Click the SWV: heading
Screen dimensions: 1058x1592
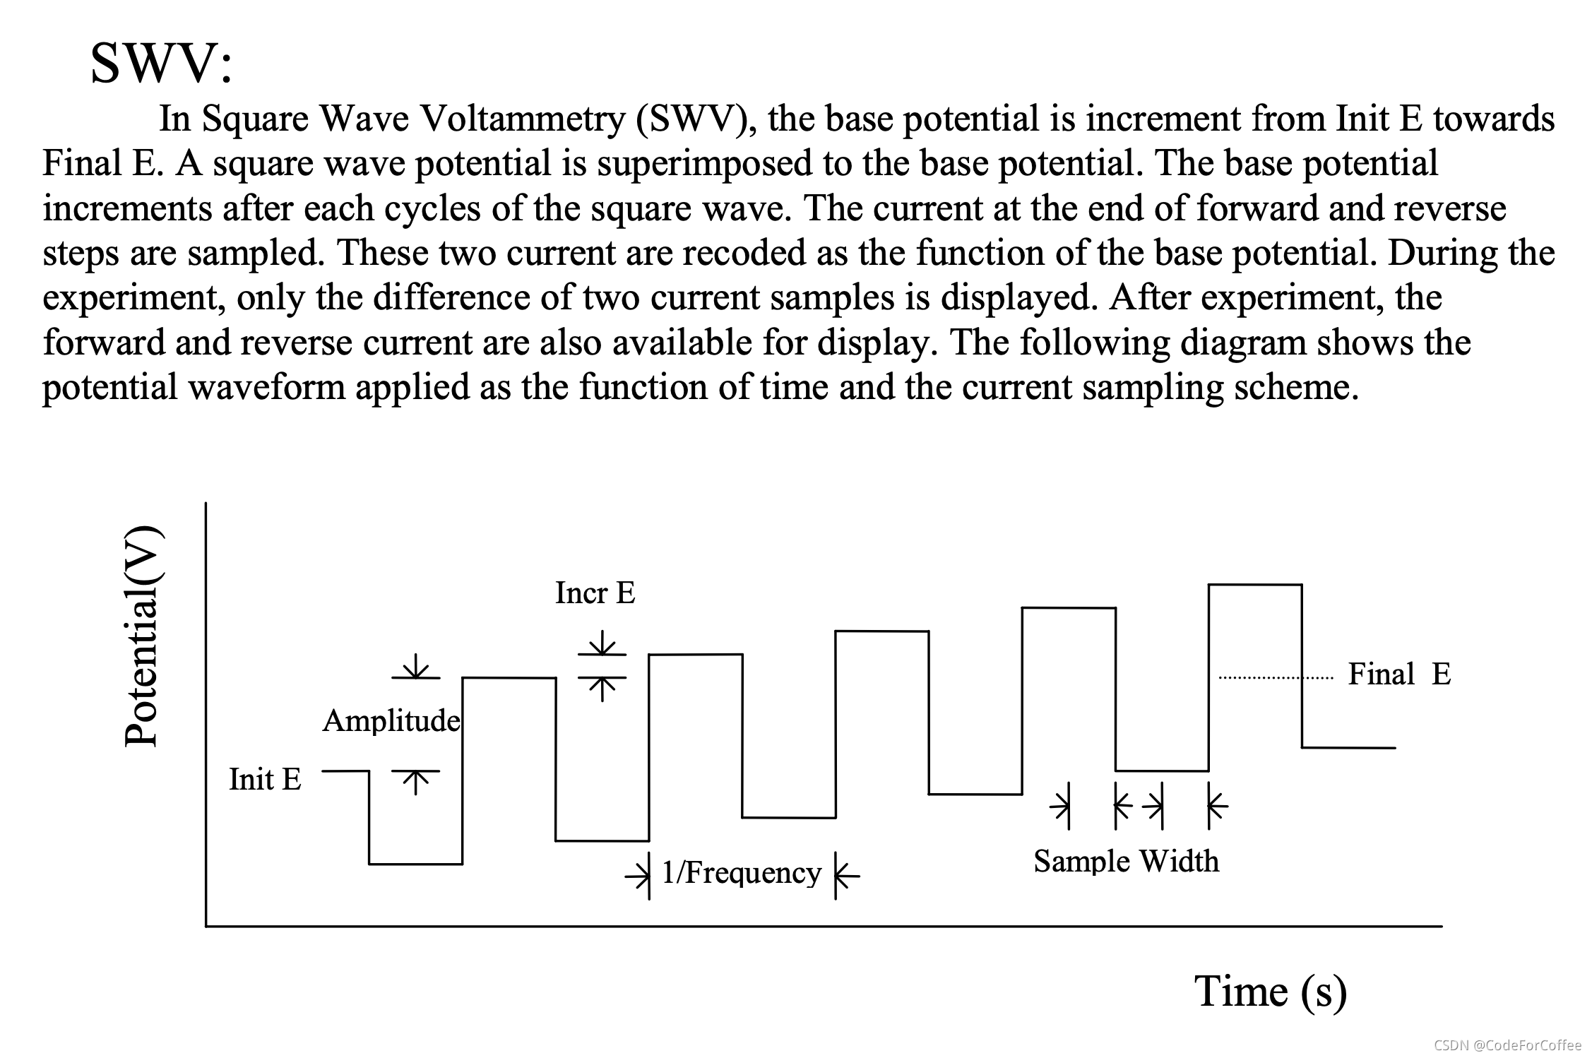tap(161, 64)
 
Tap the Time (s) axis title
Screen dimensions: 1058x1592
tap(1270, 991)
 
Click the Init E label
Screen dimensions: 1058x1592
tap(265, 780)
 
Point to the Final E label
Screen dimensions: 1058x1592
tap(1399, 674)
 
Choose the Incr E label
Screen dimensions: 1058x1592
tap(595, 593)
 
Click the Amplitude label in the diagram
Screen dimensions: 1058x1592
tap(391, 721)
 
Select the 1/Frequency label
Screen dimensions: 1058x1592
tap(741, 873)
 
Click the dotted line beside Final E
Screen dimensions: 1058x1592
tap(1276, 679)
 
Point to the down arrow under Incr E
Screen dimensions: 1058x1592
tap(602, 643)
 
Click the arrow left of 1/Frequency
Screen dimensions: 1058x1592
tap(638, 876)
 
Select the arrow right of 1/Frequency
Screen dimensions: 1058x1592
tap(846, 876)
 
